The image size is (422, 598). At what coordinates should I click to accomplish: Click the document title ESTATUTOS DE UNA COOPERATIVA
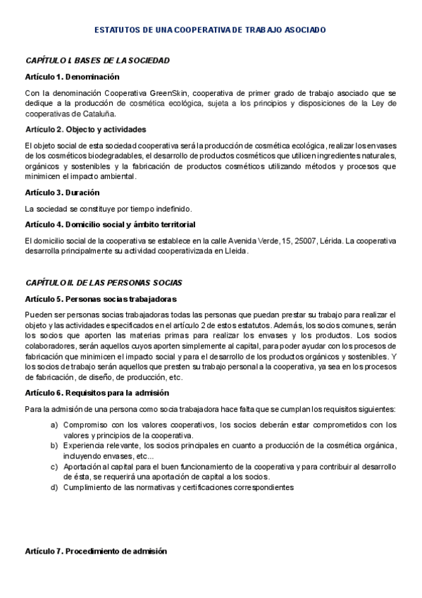click(210, 30)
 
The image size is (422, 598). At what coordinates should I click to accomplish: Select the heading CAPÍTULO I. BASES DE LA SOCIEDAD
click(97, 61)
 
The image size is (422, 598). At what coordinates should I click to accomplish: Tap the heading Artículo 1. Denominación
click(72, 77)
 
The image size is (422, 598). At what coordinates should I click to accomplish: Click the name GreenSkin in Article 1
click(166, 92)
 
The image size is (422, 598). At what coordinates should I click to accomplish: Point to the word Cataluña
click(101, 114)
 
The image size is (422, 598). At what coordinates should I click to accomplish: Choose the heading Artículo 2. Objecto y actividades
click(85, 129)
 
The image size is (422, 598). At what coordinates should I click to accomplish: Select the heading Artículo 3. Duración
click(62, 192)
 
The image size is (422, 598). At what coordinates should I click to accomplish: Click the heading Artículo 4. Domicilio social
click(110, 224)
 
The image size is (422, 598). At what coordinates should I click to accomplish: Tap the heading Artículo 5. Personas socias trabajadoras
click(96, 298)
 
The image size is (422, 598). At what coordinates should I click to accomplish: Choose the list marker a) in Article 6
click(54, 425)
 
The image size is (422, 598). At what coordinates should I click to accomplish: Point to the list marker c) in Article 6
click(54, 467)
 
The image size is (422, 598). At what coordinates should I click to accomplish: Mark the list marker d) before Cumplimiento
click(54, 487)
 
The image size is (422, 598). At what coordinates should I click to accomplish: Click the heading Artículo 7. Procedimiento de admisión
click(95, 551)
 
